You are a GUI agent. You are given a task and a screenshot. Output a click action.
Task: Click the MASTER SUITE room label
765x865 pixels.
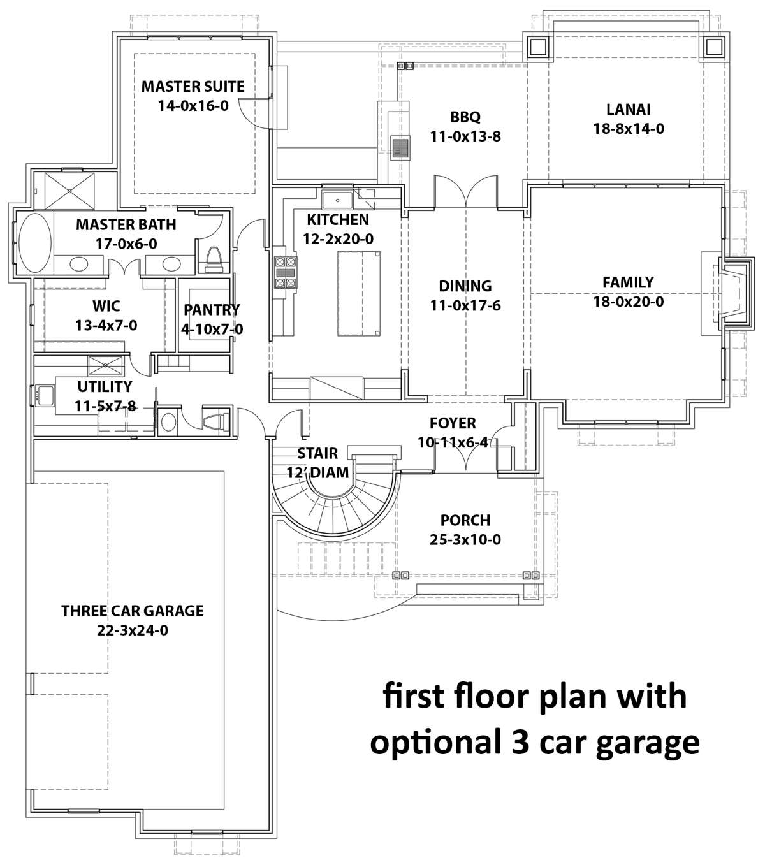(193, 86)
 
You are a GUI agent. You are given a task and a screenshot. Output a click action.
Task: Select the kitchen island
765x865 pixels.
(359, 294)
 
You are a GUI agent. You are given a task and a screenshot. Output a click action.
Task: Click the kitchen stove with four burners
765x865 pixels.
(286, 272)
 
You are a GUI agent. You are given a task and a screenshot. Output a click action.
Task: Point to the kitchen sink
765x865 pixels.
(337, 200)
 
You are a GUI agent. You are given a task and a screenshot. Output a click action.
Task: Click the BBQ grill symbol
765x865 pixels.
(400, 148)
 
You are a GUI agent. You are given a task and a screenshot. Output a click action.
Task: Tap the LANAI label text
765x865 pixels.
(629, 110)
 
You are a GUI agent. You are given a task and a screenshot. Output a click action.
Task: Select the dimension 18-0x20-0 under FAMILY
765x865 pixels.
(628, 302)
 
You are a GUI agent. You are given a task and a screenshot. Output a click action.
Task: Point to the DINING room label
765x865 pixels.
(465, 286)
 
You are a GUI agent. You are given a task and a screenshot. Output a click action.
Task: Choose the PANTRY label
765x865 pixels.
(212, 310)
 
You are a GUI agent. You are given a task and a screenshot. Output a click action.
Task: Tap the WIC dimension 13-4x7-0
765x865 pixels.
(106, 326)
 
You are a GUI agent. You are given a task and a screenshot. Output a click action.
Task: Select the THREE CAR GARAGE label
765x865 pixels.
(133, 611)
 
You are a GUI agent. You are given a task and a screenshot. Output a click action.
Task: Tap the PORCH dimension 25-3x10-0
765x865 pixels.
(465, 540)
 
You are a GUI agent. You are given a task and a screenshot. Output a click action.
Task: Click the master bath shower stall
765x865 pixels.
(69, 191)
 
